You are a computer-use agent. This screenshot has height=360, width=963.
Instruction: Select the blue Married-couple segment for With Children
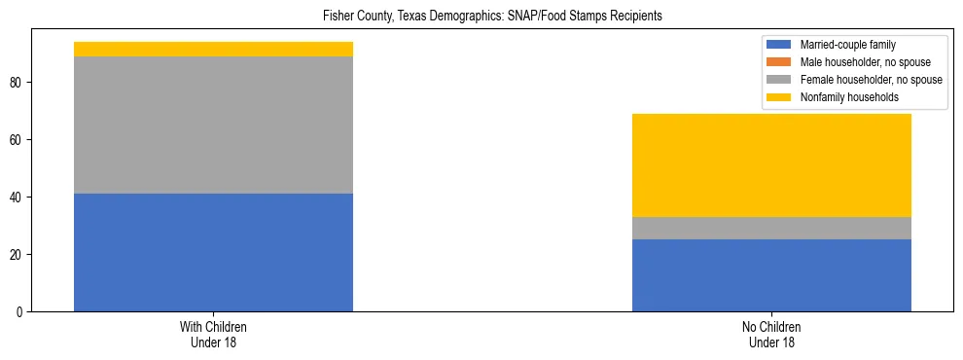(x=213, y=252)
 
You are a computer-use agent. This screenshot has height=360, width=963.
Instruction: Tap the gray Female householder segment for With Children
(x=213, y=125)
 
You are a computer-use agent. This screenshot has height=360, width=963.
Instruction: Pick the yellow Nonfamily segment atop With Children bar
(x=213, y=49)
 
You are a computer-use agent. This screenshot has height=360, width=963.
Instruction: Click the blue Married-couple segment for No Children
(x=771, y=275)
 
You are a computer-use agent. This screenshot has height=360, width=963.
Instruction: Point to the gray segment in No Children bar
(x=771, y=228)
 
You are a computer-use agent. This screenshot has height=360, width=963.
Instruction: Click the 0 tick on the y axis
(x=19, y=312)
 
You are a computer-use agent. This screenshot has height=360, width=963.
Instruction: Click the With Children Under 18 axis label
(x=213, y=335)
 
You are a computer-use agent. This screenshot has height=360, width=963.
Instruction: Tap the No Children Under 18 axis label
(x=771, y=335)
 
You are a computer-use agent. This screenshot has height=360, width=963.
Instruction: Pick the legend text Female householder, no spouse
(x=871, y=80)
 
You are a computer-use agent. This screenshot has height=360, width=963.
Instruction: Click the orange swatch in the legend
(x=779, y=62)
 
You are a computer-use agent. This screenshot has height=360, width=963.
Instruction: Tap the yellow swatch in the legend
(x=779, y=97)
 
